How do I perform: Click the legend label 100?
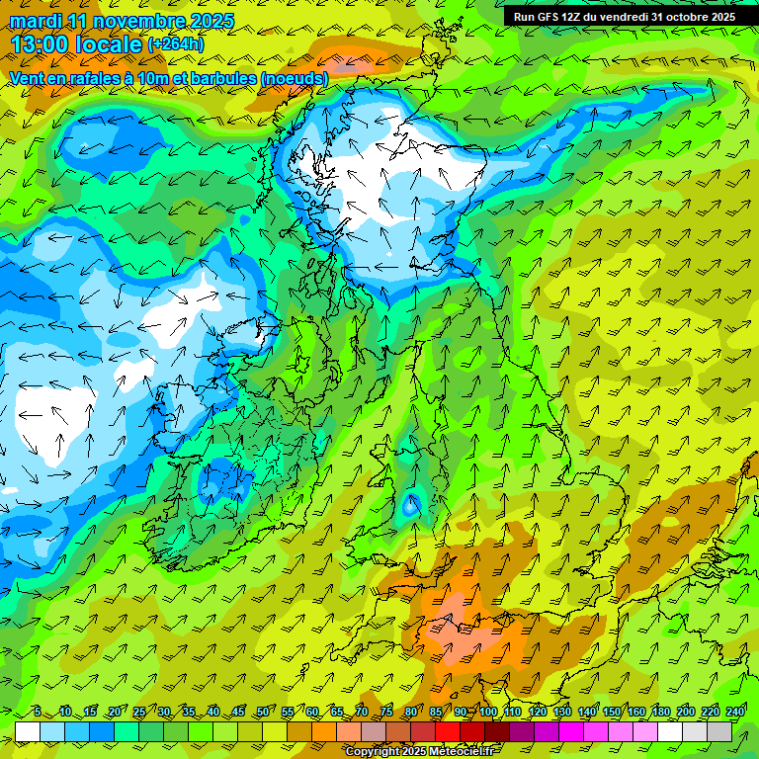[488, 712]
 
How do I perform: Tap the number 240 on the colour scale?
[734, 712]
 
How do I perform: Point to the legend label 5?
[37, 712]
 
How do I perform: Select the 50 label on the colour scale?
[262, 712]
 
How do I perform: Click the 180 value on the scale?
[661, 712]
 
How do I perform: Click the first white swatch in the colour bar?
[28, 732]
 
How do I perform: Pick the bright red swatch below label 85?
[448, 732]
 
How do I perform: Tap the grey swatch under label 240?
[719, 732]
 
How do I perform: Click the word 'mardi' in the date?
[36, 21]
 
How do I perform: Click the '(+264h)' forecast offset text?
[177, 44]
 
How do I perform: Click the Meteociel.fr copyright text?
[420, 752]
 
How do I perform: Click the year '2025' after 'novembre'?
[206, 21]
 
